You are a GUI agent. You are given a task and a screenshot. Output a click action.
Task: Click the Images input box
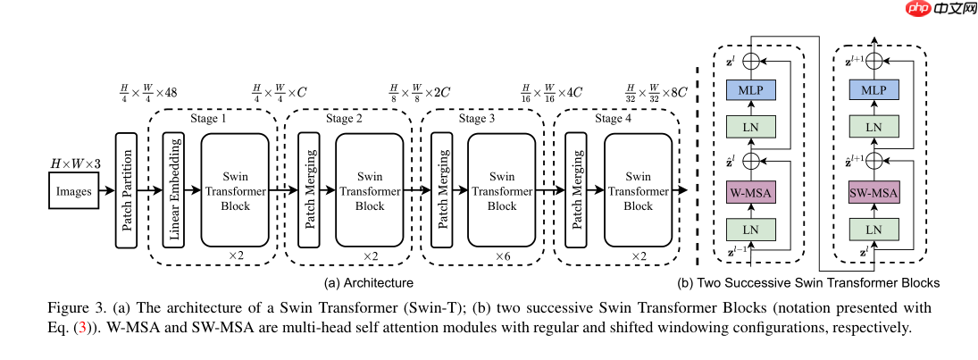point(74,190)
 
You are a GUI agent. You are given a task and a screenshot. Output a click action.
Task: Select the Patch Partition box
point(127,190)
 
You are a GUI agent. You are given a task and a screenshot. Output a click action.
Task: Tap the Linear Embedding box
point(174,190)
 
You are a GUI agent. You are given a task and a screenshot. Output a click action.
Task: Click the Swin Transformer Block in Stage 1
point(235,190)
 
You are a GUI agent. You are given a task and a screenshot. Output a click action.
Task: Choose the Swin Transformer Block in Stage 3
point(501,190)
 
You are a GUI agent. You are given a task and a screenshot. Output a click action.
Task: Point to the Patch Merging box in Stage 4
point(578,190)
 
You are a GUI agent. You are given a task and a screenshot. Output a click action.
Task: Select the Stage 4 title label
point(614,119)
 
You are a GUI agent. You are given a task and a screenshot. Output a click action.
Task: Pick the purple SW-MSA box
point(872,194)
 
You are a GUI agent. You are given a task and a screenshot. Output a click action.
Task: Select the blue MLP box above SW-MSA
point(872,90)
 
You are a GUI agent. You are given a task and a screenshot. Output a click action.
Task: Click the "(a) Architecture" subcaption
point(368,283)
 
